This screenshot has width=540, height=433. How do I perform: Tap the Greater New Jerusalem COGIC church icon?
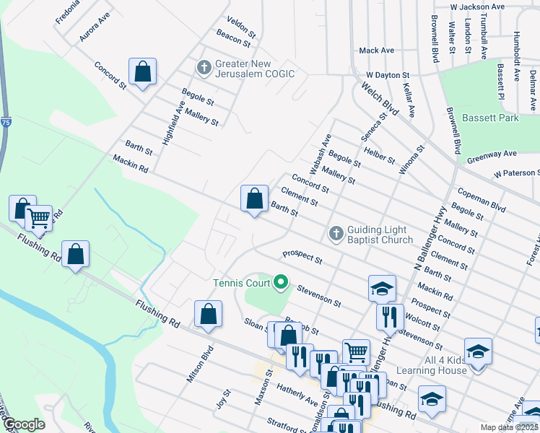point(204,69)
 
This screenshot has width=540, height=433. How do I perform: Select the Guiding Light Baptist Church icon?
point(336,233)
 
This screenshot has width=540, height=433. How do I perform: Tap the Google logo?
point(24,424)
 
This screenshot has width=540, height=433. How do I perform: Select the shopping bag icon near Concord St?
point(142,72)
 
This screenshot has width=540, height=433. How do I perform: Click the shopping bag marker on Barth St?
point(254,199)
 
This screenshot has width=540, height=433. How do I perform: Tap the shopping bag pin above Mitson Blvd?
point(208,315)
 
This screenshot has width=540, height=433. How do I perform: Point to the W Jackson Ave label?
point(487,6)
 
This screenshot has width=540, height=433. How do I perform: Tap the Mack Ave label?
point(377,51)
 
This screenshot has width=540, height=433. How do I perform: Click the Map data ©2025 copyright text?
point(510,427)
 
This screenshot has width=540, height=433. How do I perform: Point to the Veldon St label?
point(242,27)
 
